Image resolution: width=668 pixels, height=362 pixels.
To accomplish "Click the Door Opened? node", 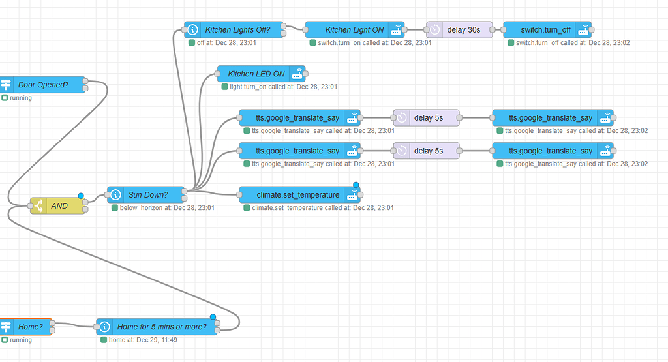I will tap(43, 84).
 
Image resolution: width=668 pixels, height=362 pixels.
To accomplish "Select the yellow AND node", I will tap(59, 205).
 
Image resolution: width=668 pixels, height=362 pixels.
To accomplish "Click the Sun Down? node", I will tap(147, 194).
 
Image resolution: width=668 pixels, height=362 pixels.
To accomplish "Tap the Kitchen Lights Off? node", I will tap(237, 29).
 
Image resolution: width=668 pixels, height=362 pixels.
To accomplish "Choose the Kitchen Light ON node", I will tap(354, 29).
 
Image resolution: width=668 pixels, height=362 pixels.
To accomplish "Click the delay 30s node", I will tap(463, 29).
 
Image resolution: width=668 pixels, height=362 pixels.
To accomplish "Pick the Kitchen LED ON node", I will tap(256, 74).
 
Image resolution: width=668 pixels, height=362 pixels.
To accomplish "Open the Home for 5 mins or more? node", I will tap(159, 327).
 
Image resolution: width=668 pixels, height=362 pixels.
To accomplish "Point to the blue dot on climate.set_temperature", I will tap(356, 185).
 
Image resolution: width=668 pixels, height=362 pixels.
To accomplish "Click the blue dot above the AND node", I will tap(81, 196).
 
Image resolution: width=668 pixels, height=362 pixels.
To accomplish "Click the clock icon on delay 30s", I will tap(435, 29).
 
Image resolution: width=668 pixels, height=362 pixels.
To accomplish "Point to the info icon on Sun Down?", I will tap(115, 194).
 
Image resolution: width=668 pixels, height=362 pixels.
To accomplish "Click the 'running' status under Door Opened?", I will tap(20, 98).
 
